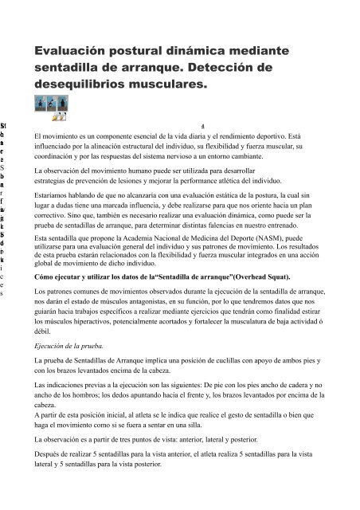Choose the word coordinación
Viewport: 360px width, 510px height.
(57, 157)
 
